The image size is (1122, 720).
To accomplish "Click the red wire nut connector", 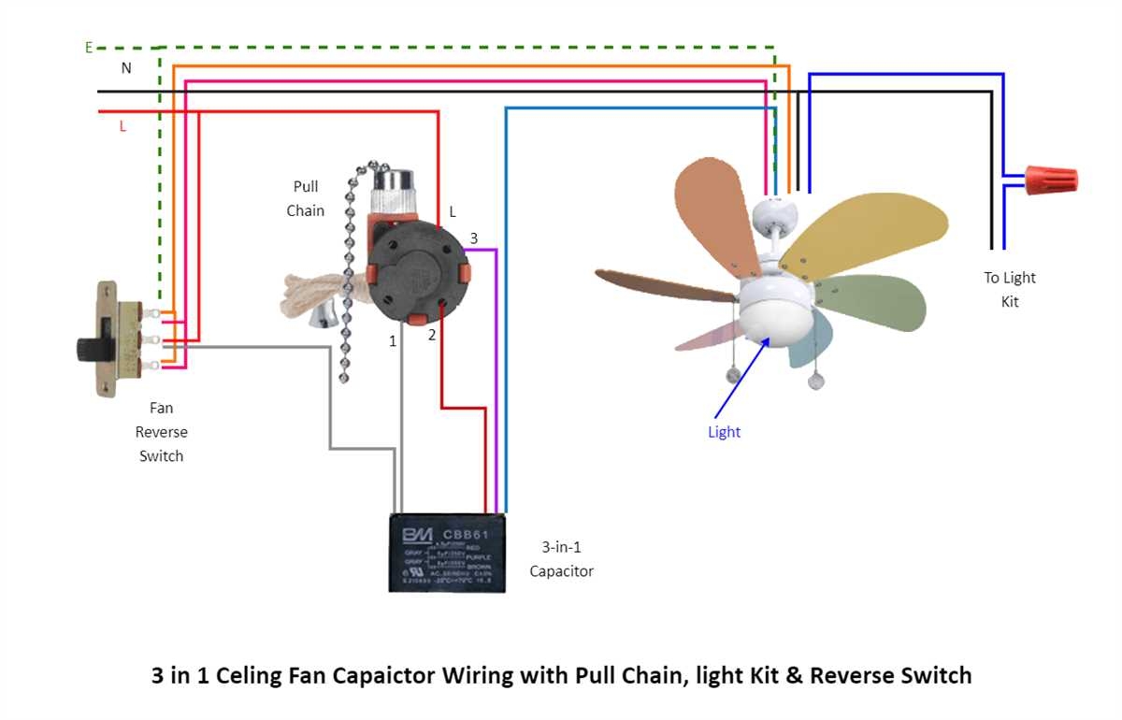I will pyautogui.click(x=1051, y=179).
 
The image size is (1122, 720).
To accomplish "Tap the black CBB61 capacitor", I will pyautogui.click(x=448, y=553).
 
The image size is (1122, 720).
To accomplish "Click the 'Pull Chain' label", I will pyautogui.click(x=306, y=199).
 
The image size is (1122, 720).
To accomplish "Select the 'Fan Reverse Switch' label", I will pyautogui.click(x=161, y=432).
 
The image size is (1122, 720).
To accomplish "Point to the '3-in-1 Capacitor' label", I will pyautogui.click(x=561, y=559).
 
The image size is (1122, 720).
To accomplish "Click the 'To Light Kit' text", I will pyautogui.click(x=1010, y=290).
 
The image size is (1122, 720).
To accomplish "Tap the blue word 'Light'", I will pyautogui.click(x=724, y=432).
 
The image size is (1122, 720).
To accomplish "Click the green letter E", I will pyautogui.click(x=89, y=48).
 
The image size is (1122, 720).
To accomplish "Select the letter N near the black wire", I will pyautogui.click(x=125, y=68).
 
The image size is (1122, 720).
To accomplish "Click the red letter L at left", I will pyautogui.click(x=122, y=125).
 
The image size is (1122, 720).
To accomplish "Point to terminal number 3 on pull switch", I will pyautogui.click(x=474, y=238).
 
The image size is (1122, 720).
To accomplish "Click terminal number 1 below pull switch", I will pyautogui.click(x=393, y=341).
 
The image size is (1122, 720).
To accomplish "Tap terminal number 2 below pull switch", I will pyautogui.click(x=432, y=334).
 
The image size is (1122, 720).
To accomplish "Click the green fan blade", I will pyautogui.click(x=874, y=299).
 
